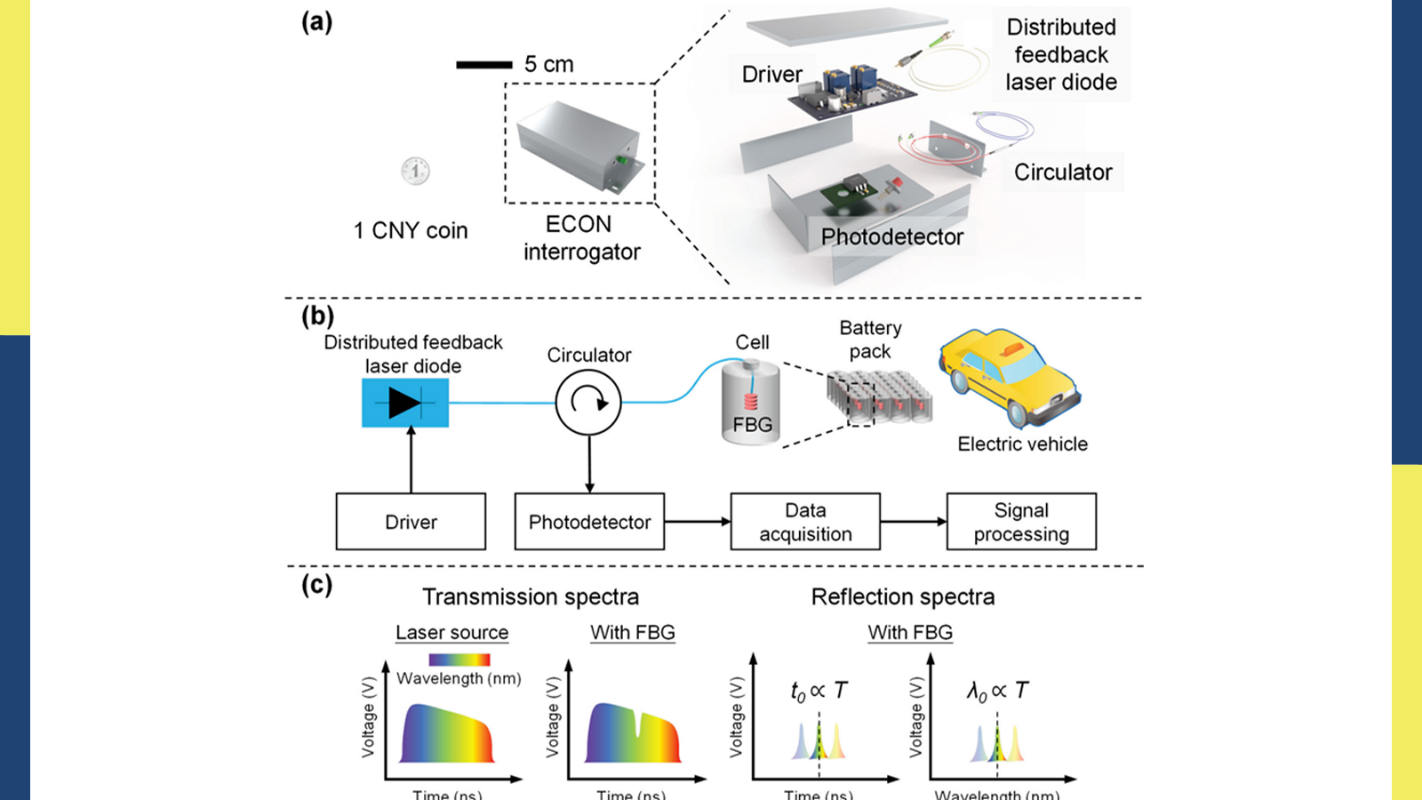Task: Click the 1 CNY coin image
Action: pyautogui.click(x=415, y=171)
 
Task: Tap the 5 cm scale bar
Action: pyautogui.click(x=483, y=65)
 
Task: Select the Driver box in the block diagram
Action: pyautogui.click(x=411, y=522)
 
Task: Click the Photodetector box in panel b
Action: pyautogui.click(x=589, y=522)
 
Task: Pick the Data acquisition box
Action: pyautogui.click(x=805, y=522)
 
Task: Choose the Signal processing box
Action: pyautogui.click(x=1021, y=522)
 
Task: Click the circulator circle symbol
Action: pyautogui.click(x=588, y=402)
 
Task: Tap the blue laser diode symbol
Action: pyautogui.click(x=405, y=403)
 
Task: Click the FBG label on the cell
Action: pyautogui.click(x=753, y=425)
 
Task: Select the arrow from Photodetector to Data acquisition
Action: pyautogui.click(x=697, y=522)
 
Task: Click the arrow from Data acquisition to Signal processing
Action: pyautogui.click(x=913, y=522)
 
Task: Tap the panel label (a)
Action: pyautogui.click(x=316, y=21)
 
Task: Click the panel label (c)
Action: pyautogui.click(x=316, y=585)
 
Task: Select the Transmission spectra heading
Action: pyautogui.click(x=531, y=596)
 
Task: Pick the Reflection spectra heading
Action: pyautogui.click(x=903, y=596)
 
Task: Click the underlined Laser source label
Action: pyautogui.click(x=451, y=633)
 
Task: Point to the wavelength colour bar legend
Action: pyautogui.click(x=459, y=660)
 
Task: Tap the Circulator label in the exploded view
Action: pyautogui.click(x=1063, y=172)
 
